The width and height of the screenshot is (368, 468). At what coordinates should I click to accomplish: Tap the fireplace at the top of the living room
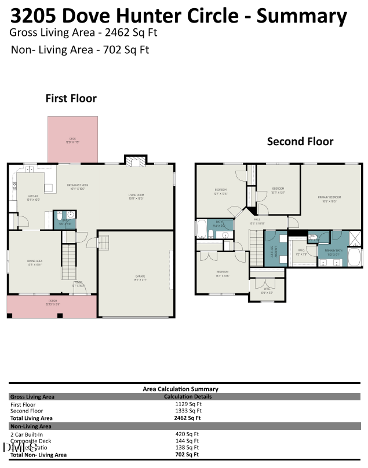pos(135,162)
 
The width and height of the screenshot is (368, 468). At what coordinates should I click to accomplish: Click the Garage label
pos(136,278)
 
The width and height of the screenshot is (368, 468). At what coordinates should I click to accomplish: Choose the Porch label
pos(53,304)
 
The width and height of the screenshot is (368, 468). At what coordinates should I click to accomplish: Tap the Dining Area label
pos(35,263)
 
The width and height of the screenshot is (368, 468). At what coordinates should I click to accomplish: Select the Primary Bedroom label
pos(329,199)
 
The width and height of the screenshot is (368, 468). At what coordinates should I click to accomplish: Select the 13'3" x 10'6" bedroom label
pos(223,273)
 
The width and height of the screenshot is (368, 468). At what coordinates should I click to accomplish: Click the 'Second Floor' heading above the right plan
pos(300,141)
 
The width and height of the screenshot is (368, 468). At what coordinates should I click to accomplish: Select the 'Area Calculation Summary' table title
pos(180,389)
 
